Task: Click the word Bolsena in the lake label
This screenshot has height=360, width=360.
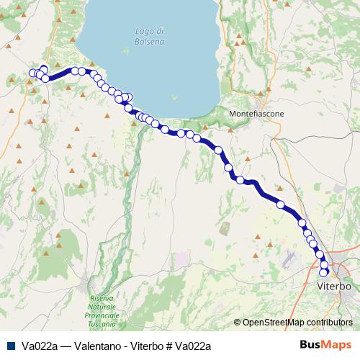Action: tap(149, 42)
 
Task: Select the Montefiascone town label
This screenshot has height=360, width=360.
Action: tap(256, 114)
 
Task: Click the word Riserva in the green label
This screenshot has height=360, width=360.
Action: tap(102, 298)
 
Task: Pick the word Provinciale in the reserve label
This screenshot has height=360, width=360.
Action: tap(102, 315)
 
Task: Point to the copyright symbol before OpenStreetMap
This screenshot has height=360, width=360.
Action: tap(238, 323)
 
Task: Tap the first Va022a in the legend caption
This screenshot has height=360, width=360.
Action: tap(40, 346)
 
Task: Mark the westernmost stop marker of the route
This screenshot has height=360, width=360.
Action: tap(32, 73)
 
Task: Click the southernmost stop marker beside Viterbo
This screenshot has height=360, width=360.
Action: tap(324, 272)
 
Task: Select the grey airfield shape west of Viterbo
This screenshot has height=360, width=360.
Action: tap(289, 257)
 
